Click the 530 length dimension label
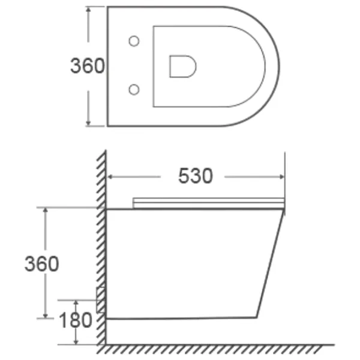[x=196, y=176]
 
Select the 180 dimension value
[x=76, y=320]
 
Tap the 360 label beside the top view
[x=87, y=66]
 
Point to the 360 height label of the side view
[x=41, y=264]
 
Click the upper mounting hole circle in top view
[x=134, y=41]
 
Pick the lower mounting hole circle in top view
[x=134, y=89]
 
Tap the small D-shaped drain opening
[x=183, y=67]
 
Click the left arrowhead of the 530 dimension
[x=110, y=177]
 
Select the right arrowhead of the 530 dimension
[x=282, y=177]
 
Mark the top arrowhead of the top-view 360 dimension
[x=88, y=9]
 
